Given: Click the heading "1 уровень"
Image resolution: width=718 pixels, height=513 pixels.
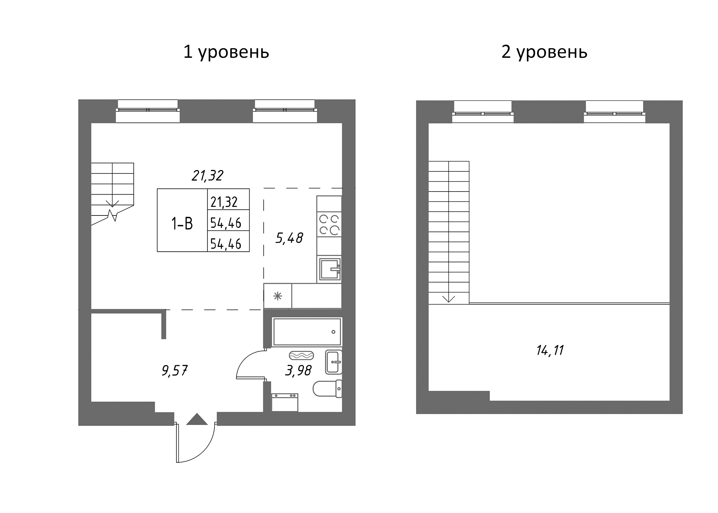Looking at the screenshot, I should coord(226,52).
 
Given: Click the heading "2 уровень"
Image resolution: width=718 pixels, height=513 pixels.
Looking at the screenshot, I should coord(544,52).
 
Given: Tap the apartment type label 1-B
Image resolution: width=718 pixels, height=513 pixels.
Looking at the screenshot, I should coord(182,224).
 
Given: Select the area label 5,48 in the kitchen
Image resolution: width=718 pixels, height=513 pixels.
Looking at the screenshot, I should coord(289,238).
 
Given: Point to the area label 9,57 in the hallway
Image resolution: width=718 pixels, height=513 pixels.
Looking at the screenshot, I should coord(175,371).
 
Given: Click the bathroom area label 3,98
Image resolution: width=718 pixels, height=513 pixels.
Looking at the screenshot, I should coord(298,371).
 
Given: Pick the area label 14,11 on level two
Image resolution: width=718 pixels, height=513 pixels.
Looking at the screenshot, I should coord(550,351).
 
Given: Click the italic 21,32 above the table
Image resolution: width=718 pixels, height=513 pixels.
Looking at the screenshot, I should coord(207,176).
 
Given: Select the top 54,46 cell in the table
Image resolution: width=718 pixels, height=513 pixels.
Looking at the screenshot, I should coord(226,223).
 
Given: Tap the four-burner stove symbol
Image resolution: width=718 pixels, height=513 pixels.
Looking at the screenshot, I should coord(329,225).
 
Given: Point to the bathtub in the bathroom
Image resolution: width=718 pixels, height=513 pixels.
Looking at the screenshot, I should coord(307,332).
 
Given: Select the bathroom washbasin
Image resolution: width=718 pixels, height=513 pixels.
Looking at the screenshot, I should coord(333,362).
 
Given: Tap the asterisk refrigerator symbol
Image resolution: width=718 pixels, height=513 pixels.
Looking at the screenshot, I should coord(278,296).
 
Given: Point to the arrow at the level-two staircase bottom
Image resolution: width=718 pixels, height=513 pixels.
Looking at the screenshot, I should coord(449,299).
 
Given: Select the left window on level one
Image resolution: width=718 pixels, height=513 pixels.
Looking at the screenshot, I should coord(148,110).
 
